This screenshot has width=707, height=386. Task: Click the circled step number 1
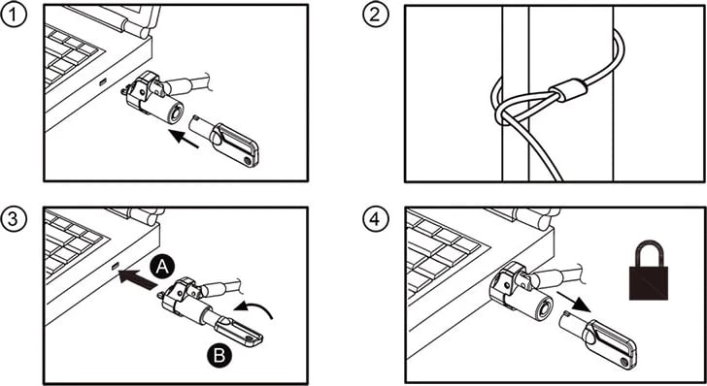tap(14, 16)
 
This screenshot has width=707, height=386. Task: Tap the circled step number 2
tap(376, 16)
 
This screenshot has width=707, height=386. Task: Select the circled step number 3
tap(14, 219)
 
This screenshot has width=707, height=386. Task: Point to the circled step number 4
tap(376, 219)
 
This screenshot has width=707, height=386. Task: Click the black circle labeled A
tap(162, 268)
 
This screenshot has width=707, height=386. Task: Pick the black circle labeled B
tap(219, 355)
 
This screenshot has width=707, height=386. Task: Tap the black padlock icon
tap(649, 270)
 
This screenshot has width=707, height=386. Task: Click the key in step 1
tap(224, 140)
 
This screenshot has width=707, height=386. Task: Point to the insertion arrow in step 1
tap(183, 139)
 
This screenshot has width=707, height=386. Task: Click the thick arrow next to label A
tap(138, 278)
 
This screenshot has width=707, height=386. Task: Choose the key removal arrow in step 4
tap(574, 302)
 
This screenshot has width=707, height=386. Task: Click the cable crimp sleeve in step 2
tap(568, 90)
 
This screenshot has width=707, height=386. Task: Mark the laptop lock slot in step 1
tap(103, 82)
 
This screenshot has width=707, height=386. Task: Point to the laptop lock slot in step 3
tap(115, 266)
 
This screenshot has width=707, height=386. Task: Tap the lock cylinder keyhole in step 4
tap(544, 310)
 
